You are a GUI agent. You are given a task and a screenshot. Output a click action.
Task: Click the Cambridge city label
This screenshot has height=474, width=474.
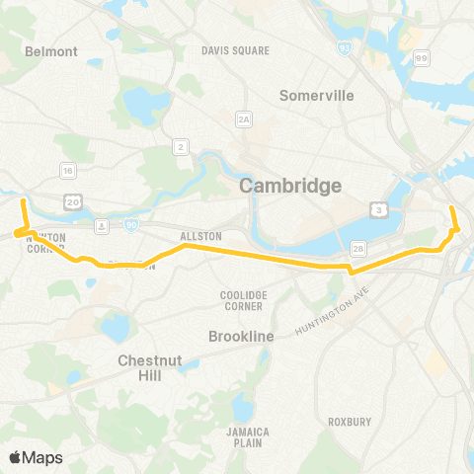[x=292, y=186]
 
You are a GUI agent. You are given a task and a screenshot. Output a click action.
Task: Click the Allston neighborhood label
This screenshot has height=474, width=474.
[x=200, y=237]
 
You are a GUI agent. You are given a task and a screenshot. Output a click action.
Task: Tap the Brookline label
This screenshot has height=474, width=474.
[x=241, y=337]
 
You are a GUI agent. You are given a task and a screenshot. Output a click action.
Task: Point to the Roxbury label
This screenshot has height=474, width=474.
[x=350, y=422]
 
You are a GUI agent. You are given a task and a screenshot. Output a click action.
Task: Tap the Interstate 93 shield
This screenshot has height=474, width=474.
[x=342, y=47]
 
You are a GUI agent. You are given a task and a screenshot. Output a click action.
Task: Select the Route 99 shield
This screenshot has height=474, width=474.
[x=423, y=61]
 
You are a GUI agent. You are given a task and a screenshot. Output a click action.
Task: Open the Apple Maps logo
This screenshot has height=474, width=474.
[x=37, y=457]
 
